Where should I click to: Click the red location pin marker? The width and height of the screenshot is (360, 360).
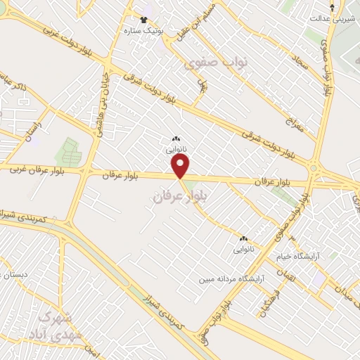point(181,166)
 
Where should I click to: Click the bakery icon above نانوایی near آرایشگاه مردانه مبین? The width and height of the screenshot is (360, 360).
point(243,238)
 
